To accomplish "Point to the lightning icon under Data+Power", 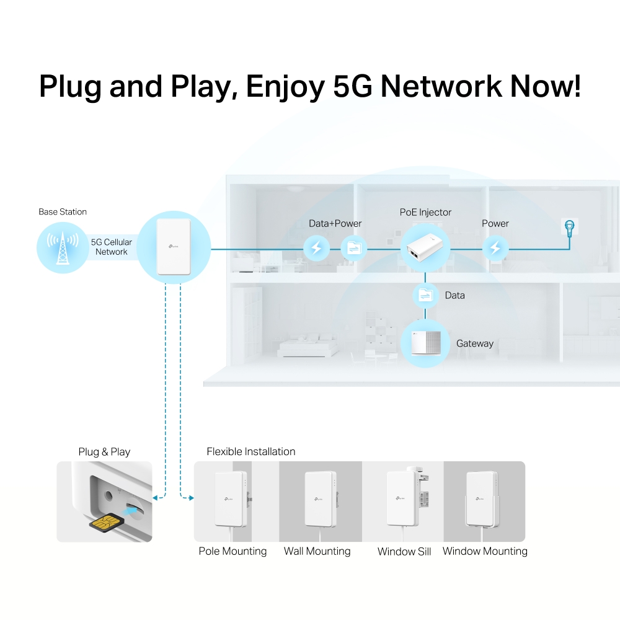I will [x=316, y=249].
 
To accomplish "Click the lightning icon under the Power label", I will [x=495, y=249].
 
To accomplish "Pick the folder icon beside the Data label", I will [x=426, y=295].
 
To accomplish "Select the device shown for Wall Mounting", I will [x=320, y=500].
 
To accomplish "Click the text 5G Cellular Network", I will [x=112, y=247].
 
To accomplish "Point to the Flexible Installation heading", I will [x=251, y=451].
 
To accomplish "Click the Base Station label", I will [x=63, y=212].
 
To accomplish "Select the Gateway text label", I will [x=475, y=343].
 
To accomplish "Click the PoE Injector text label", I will [x=426, y=212].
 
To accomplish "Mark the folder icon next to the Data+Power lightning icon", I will [x=354, y=249].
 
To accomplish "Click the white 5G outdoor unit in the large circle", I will [x=173, y=246].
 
